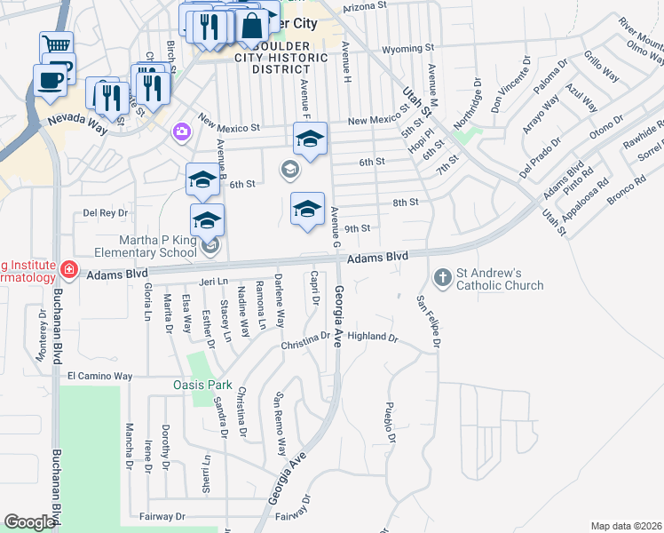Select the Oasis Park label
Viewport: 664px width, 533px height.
(x=202, y=386)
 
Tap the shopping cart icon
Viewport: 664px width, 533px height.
(x=56, y=44)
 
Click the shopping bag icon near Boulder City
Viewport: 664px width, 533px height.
(x=252, y=25)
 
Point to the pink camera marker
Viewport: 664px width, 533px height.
(x=181, y=131)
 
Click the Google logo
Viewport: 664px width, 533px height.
(x=29, y=522)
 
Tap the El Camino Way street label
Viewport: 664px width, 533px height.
(x=100, y=377)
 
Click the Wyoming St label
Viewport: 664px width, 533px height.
(x=407, y=48)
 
